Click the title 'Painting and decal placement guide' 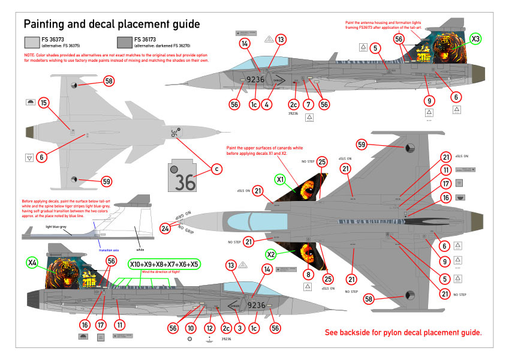(x=111, y=24)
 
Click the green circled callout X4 (x=32, y=262)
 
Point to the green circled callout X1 (x=280, y=179)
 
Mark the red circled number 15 (x=43, y=103)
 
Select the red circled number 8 (x=309, y=274)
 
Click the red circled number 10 (x=191, y=328)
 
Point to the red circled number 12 (x=209, y=328)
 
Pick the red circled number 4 (x=267, y=103)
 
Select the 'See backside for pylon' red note (x=403, y=332)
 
